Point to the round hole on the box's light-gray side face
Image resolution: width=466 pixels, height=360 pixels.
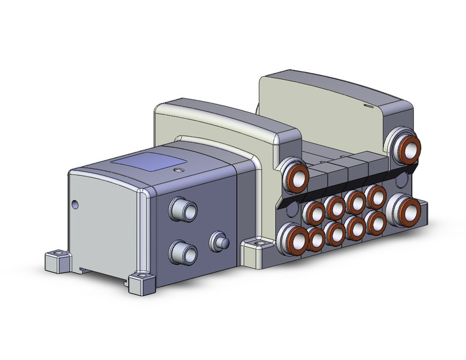click(75, 204)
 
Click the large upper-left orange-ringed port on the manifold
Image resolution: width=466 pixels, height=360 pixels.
click(294, 174)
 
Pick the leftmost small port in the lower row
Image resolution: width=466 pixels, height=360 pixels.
click(315, 239)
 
